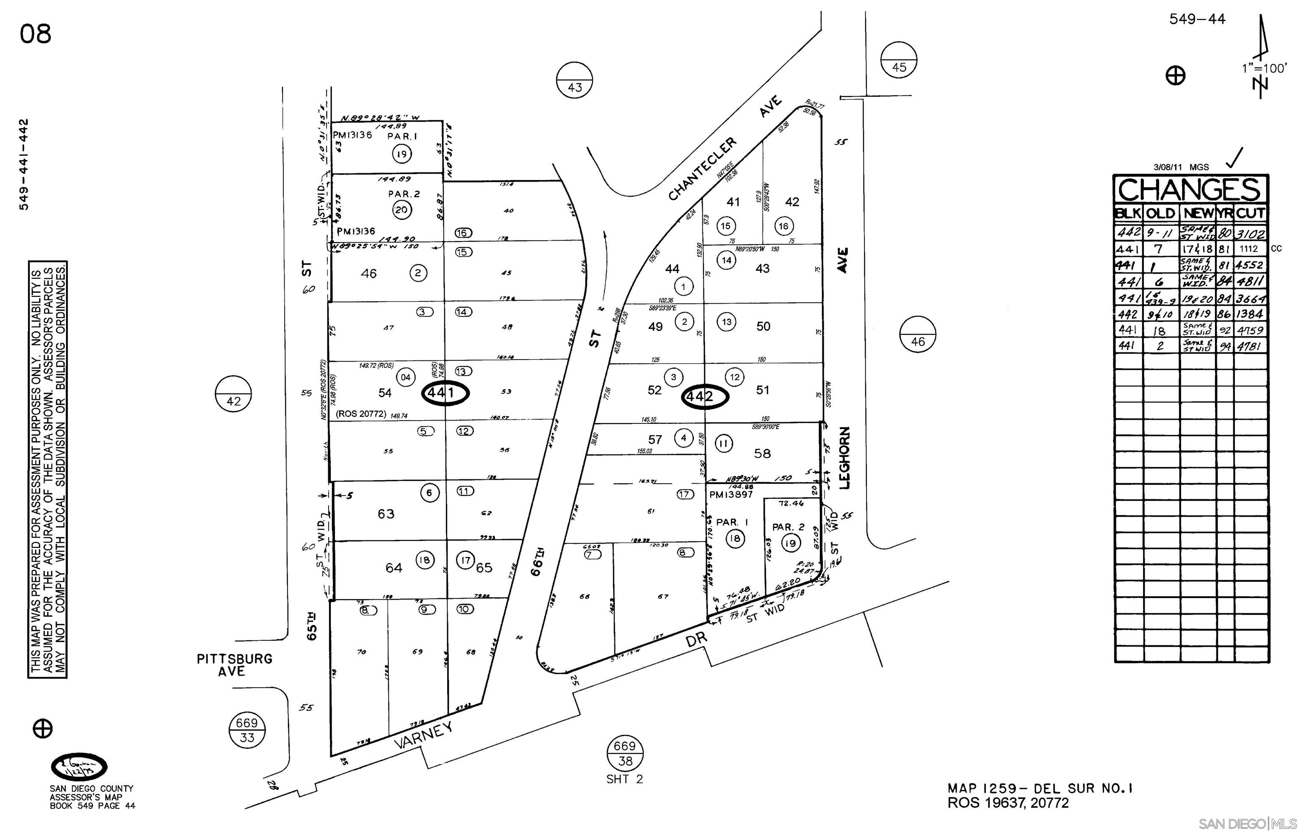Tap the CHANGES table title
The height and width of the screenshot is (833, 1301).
coord(1190,190)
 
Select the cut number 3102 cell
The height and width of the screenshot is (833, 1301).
coord(1250,234)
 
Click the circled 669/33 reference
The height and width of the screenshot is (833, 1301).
coord(246,730)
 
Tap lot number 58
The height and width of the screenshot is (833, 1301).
coord(762,453)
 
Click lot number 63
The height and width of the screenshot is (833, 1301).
coord(386,513)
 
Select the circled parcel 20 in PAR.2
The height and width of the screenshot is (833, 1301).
coord(401,210)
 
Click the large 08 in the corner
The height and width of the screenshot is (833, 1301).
coord(36,33)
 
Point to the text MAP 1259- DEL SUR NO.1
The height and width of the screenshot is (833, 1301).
coord(1040,789)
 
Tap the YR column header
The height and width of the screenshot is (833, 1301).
coord(1225,213)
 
